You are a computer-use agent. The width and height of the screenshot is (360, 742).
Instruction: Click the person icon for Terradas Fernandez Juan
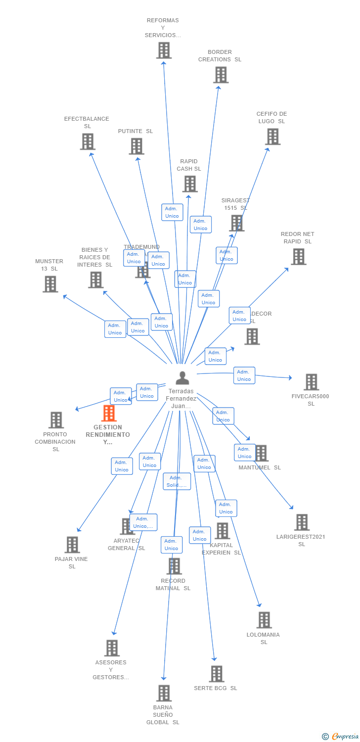coord(182,378)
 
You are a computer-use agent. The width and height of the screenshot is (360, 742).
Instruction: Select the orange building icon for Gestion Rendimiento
coord(109,413)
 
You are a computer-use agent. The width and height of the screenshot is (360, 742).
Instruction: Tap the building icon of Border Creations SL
coord(221,75)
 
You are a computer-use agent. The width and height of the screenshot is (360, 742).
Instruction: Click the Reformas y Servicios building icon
coord(164,50)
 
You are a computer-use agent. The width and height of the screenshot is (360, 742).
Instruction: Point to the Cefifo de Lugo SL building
coord(272,137)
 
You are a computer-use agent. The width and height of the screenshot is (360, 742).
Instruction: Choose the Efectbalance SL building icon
coord(88,141)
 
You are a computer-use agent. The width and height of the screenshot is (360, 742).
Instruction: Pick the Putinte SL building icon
coord(136,146)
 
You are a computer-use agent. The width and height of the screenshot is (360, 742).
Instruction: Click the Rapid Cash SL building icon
coord(189,184)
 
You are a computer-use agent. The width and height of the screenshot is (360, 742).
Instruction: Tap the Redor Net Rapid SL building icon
coord(298,257)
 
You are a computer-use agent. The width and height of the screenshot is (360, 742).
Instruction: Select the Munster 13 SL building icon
coord(50,284)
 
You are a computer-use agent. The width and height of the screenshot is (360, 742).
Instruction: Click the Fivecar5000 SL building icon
coord(311,382)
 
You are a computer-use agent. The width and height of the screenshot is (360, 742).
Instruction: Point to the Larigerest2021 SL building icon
coord(302,522)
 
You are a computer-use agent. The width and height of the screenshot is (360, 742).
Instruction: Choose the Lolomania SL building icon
coord(264,620)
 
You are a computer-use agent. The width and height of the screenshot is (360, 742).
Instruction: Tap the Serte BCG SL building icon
coord(216,674)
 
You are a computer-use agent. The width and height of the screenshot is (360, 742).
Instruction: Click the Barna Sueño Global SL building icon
coord(164,693)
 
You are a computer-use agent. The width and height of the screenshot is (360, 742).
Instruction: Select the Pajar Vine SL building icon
coord(72,545)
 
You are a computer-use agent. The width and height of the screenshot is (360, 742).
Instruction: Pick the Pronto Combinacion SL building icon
coord(56,420)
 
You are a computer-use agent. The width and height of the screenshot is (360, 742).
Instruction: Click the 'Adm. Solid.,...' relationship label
coord(177,481)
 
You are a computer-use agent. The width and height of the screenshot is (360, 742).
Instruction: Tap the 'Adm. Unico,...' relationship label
coord(143,522)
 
